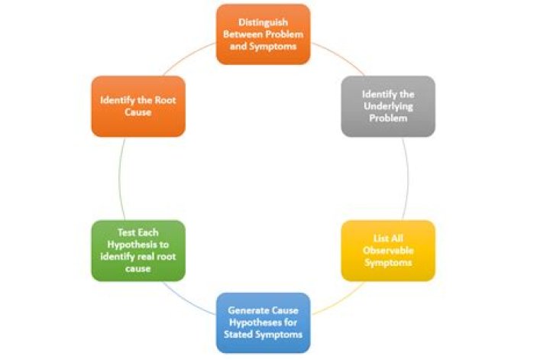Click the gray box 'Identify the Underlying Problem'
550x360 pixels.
(x=388, y=106)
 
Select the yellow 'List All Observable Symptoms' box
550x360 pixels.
(x=388, y=251)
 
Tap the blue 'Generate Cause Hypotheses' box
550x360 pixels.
(x=263, y=323)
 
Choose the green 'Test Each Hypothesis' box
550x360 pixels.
(x=138, y=251)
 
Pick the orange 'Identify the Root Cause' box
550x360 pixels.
(x=138, y=106)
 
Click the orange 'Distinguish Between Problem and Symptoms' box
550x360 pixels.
(x=263, y=34)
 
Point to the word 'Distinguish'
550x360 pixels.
(x=263, y=22)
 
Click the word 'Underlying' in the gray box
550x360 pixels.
(x=388, y=106)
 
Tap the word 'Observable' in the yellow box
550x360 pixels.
(x=388, y=251)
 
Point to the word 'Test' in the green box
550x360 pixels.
(x=125, y=232)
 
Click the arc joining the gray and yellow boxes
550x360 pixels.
(x=408, y=179)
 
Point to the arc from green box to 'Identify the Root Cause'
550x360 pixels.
(x=119, y=179)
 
